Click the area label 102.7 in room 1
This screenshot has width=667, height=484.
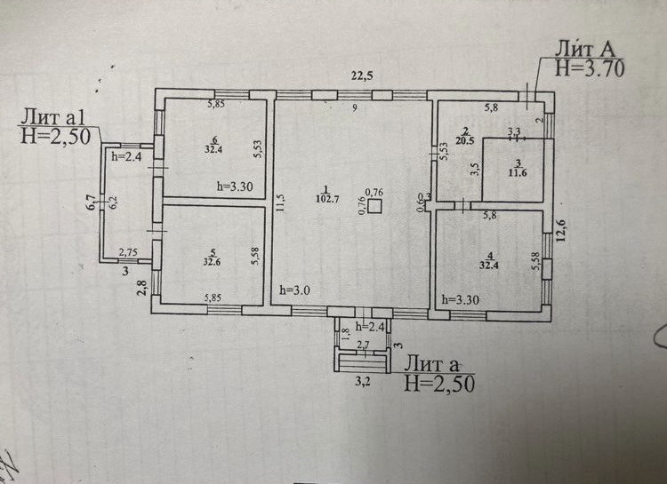327,199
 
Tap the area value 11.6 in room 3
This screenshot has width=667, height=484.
518,173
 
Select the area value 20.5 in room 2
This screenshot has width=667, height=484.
465,139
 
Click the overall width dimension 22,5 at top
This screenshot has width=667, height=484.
361,75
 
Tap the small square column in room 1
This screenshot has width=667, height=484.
376,206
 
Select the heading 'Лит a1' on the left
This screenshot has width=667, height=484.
53,116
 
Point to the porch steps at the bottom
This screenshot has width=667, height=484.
362,361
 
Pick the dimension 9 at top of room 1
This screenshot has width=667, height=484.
353,108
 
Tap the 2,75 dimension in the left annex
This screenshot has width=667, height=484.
128,253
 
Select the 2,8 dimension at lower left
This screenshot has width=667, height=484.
141,286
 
